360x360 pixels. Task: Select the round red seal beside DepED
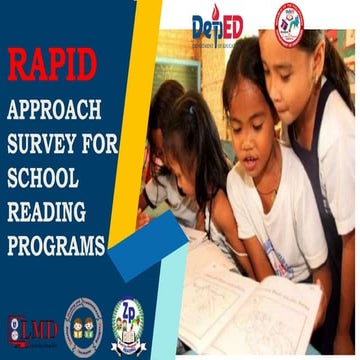290,24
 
